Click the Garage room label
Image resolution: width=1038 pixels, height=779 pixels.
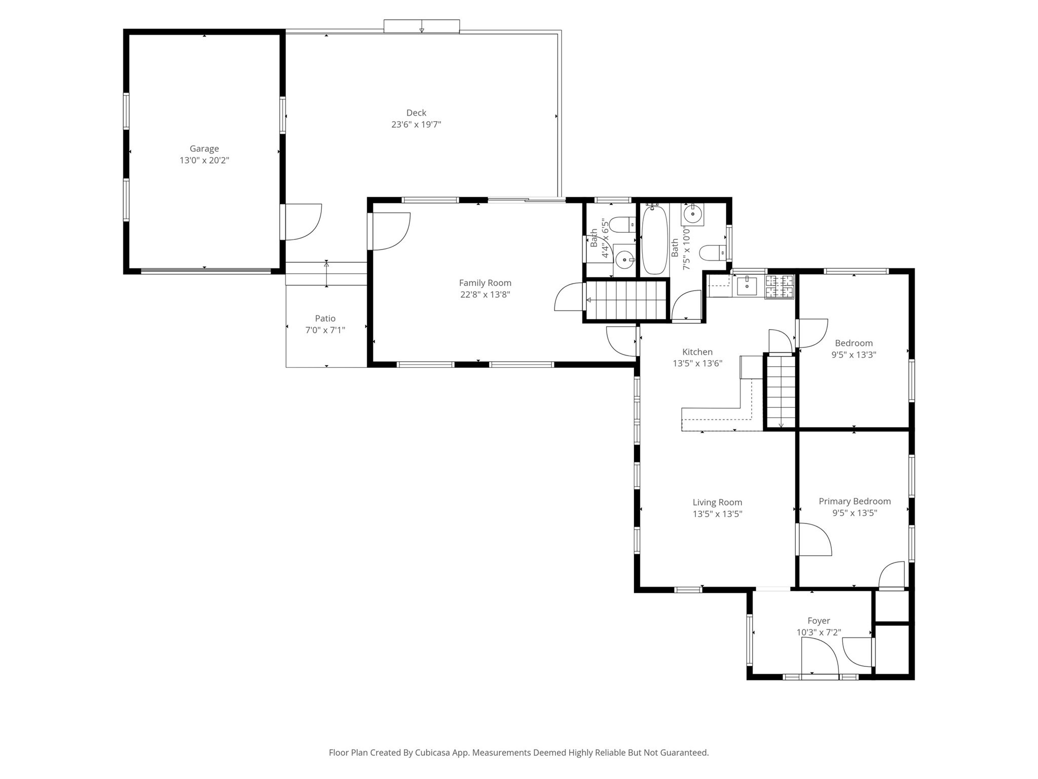pyautogui.click(x=204, y=149)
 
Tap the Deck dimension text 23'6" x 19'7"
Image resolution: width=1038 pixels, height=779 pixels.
pyautogui.click(x=416, y=125)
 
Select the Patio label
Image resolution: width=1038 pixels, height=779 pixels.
pyautogui.click(x=325, y=318)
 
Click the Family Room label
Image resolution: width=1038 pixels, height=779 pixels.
pyautogui.click(x=485, y=283)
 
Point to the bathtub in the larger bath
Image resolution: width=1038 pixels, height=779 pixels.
pyautogui.click(x=654, y=239)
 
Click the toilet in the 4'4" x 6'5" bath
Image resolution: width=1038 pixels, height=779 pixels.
pyautogui.click(x=621, y=224)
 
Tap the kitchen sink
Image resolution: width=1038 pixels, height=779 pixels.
pyautogui.click(x=747, y=286)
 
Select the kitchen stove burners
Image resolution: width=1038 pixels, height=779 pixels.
pyautogui.click(x=779, y=287)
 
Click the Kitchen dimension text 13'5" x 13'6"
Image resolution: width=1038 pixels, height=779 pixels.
pyautogui.click(x=697, y=364)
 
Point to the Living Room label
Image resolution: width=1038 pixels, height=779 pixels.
pyautogui.click(x=717, y=503)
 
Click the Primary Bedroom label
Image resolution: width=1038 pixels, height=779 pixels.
pyautogui.click(x=855, y=502)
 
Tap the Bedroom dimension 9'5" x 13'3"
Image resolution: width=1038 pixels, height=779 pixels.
pyautogui.click(x=854, y=355)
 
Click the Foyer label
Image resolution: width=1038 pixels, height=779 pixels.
pyautogui.click(x=819, y=621)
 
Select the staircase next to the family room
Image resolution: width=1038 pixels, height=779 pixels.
pyautogui.click(x=626, y=300)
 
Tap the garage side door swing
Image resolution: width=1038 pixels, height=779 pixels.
pyautogui.click(x=303, y=222)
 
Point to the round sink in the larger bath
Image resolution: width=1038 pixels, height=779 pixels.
pyautogui.click(x=692, y=214)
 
